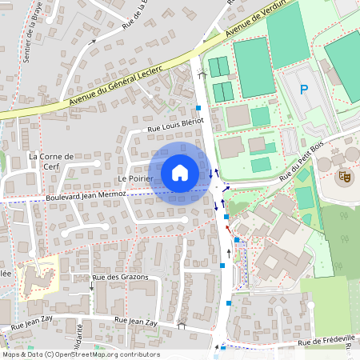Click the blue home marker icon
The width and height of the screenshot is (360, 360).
(x=180, y=172)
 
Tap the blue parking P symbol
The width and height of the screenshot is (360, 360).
(x=303, y=90)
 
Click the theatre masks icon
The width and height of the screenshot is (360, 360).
(x=344, y=175)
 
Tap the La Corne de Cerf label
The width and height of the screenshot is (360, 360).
(x=51, y=161)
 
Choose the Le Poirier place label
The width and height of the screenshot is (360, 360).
(x=134, y=178)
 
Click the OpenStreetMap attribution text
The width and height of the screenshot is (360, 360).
(x=80, y=354)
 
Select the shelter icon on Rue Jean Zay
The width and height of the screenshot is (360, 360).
(x=182, y=325)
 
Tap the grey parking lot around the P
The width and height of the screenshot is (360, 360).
(x=308, y=100)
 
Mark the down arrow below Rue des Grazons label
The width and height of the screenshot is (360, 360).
(x=91, y=286)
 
